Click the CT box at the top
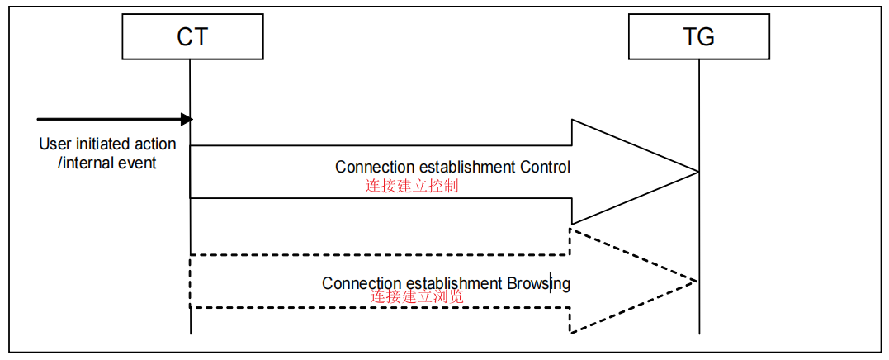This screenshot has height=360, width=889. click(x=192, y=37)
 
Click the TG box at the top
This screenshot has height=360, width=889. click(x=699, y=37)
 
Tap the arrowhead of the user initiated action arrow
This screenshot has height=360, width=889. click(x=187, y=120)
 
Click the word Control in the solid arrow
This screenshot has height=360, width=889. click(x=545, y=167)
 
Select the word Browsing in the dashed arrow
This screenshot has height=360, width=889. click(x=538, y=283)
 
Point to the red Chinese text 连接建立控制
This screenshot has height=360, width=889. click(x=412, y=186)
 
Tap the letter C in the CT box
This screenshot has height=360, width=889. click(x=184, y=37)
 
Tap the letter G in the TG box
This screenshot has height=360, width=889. click(x=707, y=37)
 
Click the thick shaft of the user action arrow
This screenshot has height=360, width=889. click(x=107, y=120)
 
